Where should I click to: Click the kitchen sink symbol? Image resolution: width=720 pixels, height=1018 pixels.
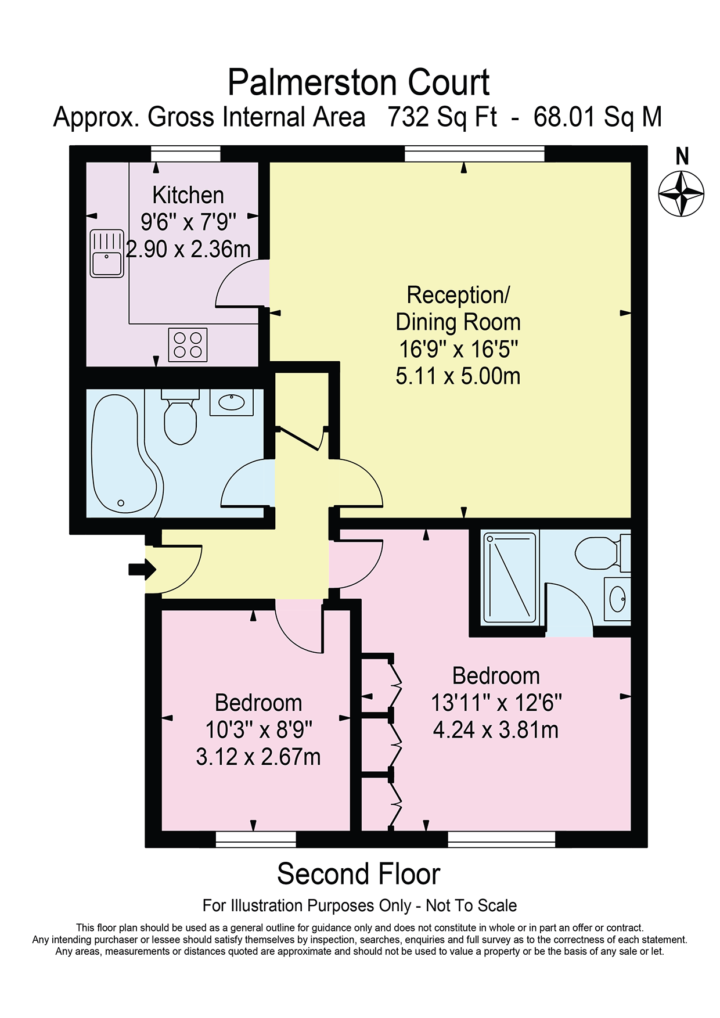(x=107, y=254)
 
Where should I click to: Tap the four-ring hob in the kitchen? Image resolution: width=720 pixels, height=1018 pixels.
(x=188, y=345)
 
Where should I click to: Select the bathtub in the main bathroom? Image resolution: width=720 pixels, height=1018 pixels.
(x=125, y=453)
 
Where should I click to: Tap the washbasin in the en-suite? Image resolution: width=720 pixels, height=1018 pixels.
(x=617, y=598)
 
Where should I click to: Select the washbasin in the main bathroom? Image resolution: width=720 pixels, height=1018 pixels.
(x=232, y=402)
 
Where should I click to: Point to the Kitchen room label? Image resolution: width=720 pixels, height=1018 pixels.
(x=188, y=195)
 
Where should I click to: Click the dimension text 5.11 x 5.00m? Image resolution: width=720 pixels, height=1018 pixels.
(x=458, y=376)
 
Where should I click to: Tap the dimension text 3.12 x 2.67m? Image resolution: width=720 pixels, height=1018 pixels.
(x=258, y=757)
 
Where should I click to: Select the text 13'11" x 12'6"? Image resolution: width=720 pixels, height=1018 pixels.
(x=496, y=703)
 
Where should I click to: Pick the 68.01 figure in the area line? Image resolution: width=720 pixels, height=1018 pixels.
(x=564, y=117)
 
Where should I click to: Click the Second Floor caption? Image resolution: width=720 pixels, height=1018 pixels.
(x=359, y=874)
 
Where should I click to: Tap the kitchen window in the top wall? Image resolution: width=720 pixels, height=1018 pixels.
(x=186, y=154)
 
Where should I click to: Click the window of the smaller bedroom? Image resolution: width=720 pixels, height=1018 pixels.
(x=256, y=839)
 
